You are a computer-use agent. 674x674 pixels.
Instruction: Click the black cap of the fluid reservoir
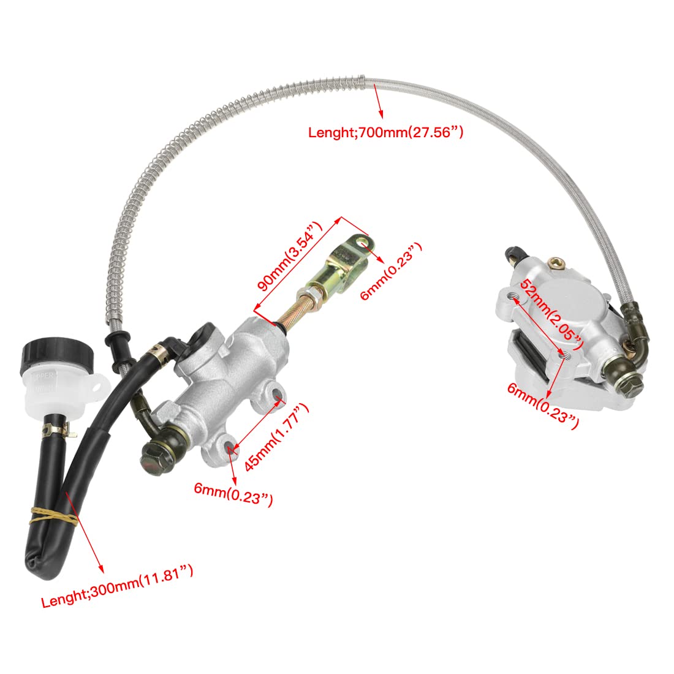[x=47, y=354]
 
